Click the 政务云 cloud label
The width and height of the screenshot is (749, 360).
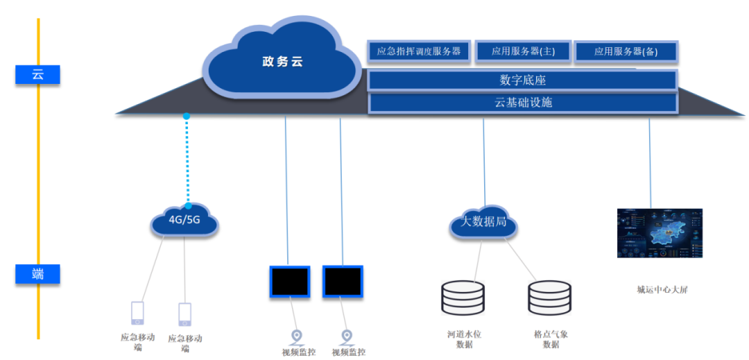click(282, 62)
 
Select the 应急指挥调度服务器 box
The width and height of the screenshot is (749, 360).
click(418, 51)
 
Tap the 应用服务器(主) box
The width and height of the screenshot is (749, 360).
click(523, 51)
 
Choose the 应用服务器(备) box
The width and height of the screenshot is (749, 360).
click(626, 51)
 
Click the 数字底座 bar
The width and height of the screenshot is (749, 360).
click(522, 80)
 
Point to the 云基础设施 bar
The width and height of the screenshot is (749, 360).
click(522, 103)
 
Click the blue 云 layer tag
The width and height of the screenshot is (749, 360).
click(37, 74)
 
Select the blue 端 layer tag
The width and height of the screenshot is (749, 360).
click(37, 274)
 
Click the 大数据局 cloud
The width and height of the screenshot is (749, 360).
click(484, 224)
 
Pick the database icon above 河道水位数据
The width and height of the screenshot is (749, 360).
click(463, 297)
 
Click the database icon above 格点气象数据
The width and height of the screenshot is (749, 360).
click(549, 297)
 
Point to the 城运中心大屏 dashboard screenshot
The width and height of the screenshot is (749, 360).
click(660, 233)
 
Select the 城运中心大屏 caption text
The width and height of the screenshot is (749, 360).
click(662, 290)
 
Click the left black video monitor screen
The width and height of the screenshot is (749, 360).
click(290, 282)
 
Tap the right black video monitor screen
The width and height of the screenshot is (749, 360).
click(343, 282)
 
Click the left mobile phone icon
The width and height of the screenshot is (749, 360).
click(138, 313)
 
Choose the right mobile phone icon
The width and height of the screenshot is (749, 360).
click(184, 314)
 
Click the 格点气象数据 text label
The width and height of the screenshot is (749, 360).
click(551, 339)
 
